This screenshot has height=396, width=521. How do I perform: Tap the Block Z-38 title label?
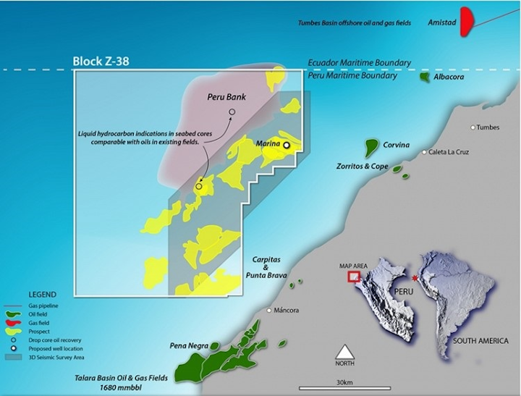point(102,61)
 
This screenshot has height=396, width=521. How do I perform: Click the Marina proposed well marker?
point(287,146)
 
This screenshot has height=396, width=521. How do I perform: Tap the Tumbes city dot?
point(473,127)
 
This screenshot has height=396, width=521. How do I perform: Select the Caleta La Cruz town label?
point(455,152)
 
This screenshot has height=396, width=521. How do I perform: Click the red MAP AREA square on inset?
point(355,276)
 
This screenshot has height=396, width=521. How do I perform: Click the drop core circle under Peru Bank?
point(232,111)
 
